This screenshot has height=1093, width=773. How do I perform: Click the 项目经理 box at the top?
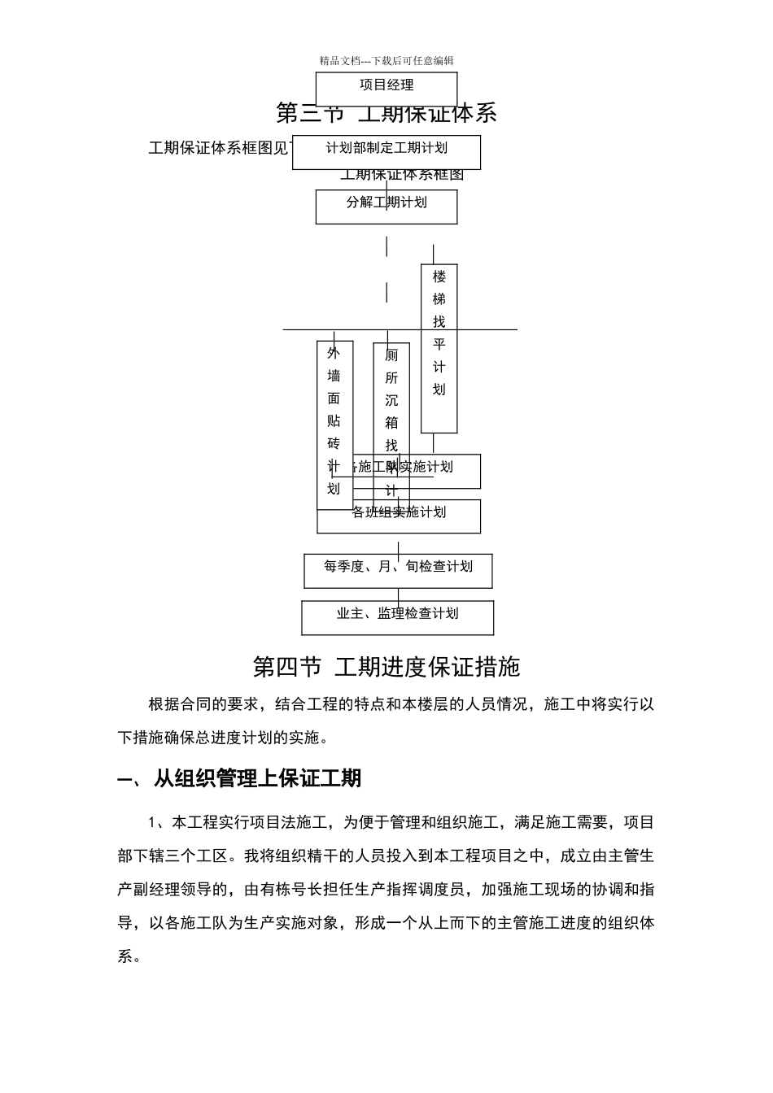(x=386, y=85)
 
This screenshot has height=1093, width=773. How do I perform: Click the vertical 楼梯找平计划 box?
(x=439, y=348)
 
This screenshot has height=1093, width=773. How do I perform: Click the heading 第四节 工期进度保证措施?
(x=386, y=668)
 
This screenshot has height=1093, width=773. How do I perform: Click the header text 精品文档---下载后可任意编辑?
(x=386, y=61)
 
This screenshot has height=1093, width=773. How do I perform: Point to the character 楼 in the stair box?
(x=439, y=277)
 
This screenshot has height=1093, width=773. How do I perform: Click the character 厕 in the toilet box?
(x=391, y=355)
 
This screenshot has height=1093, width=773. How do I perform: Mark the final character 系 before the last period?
(x=125, y=956)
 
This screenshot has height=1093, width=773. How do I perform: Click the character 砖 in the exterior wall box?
(x=334, y=443)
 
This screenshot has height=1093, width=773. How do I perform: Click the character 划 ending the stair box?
(x=439, y=390)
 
